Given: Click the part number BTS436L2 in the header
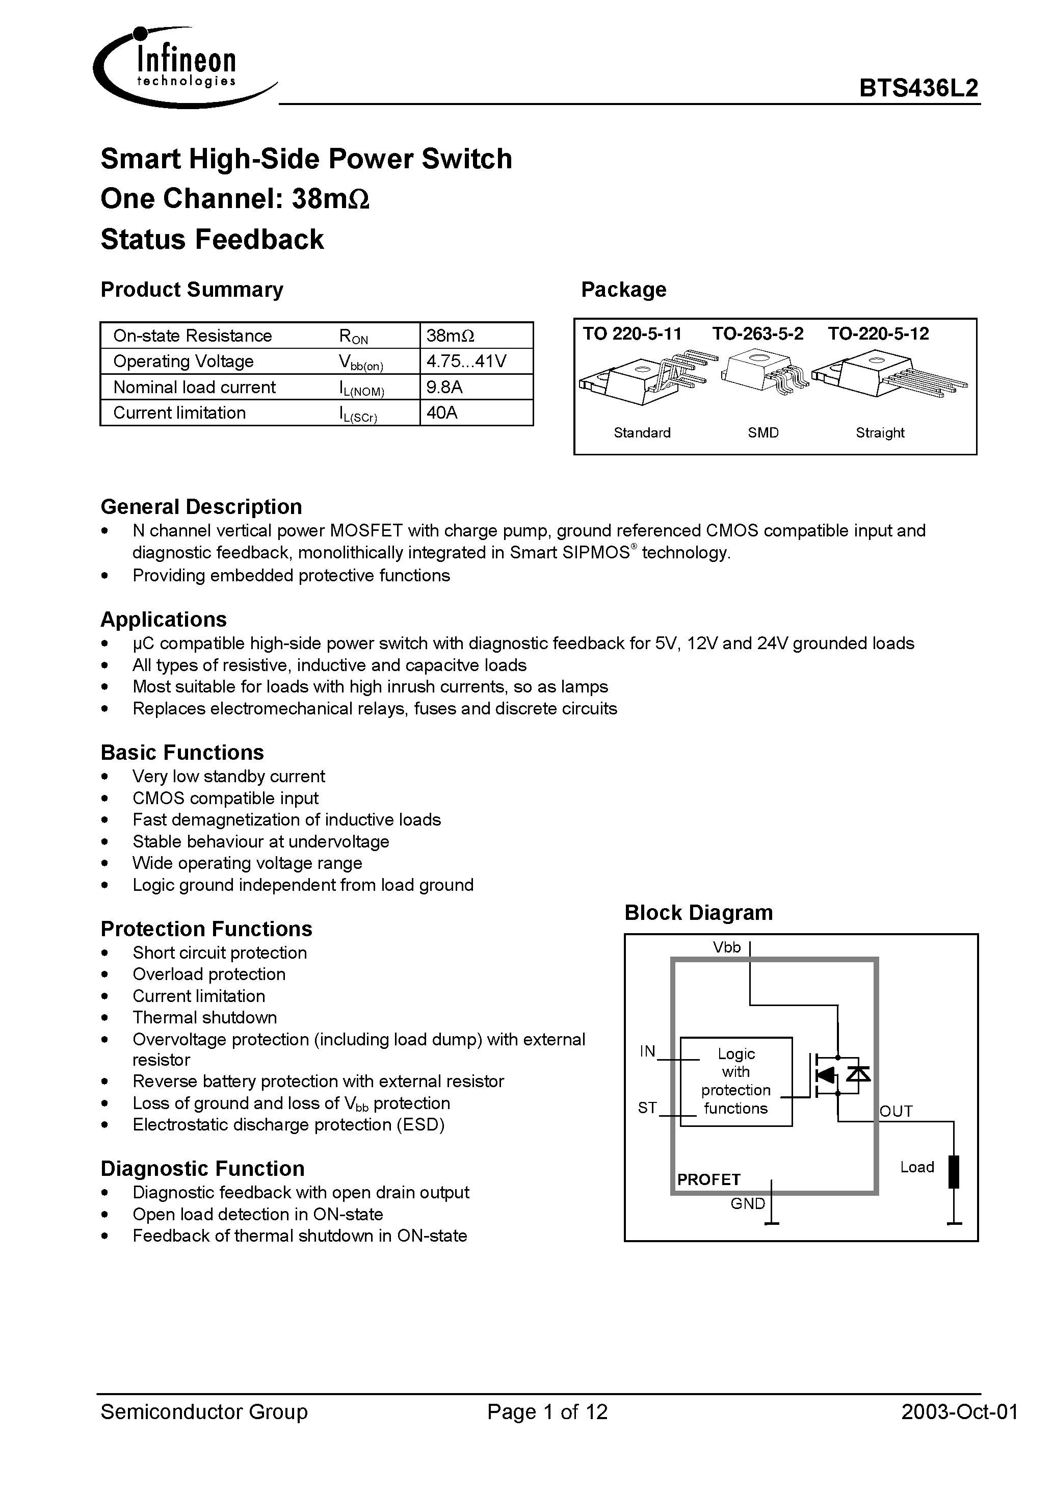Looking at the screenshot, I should tap(918, 88).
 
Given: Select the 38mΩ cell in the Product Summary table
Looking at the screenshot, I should tap(451, 336).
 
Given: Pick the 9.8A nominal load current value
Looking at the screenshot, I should tap(445, 387).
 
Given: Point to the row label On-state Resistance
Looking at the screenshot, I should tap(192, 336).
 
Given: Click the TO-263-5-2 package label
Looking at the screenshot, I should tap(757, 334).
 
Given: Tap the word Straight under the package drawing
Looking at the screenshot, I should tap(880, 432).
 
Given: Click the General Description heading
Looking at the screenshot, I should tap(201, 506).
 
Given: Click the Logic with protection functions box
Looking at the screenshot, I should tap(735, 1081).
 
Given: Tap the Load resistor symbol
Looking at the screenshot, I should tap(954, 1171).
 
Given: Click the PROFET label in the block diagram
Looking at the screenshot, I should tap(708, 1179).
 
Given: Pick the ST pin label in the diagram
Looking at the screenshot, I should tap(647, 1108).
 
